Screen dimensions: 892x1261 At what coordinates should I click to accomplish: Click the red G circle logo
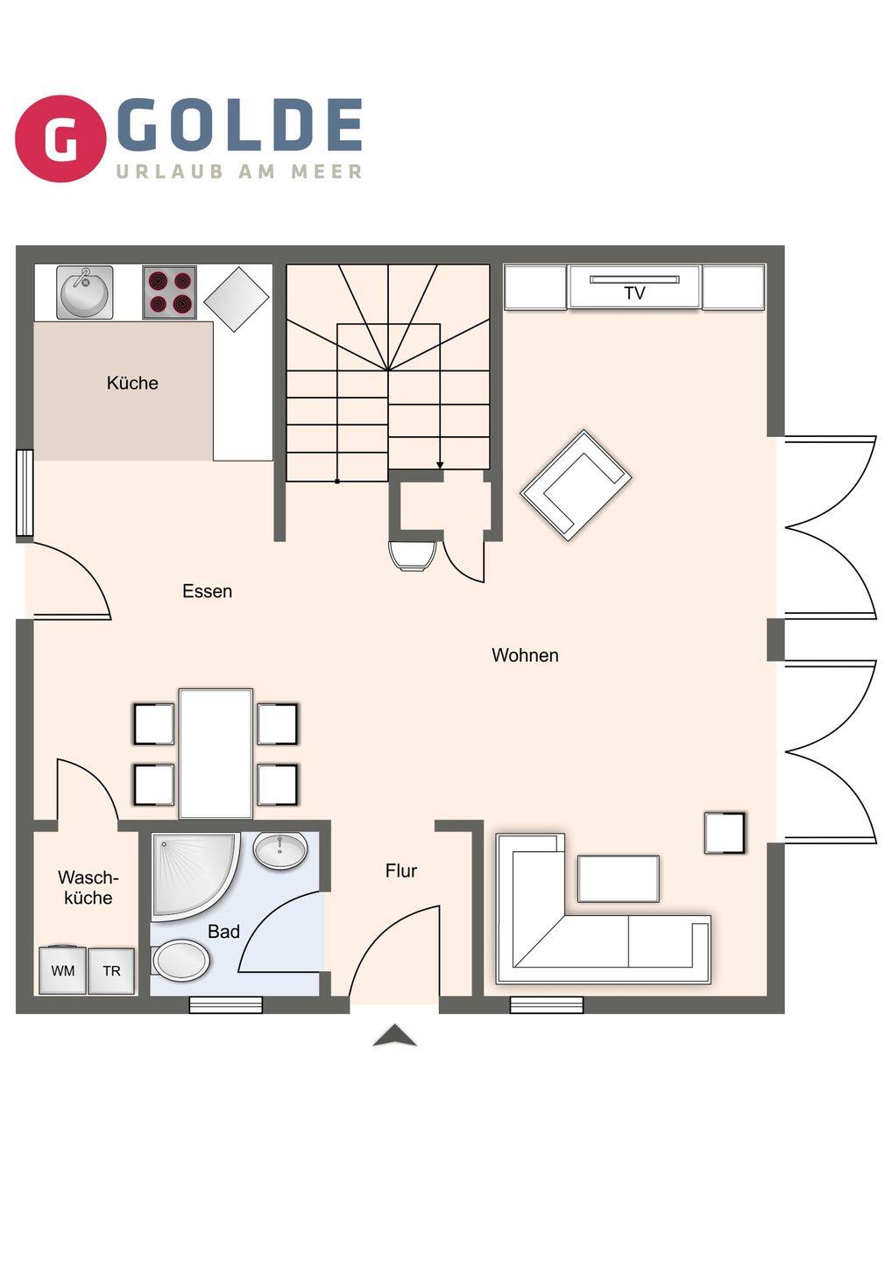pyautogui.click(x=60, y=138)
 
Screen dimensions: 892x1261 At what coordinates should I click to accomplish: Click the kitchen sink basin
pyautogui.click(x=84, y=292)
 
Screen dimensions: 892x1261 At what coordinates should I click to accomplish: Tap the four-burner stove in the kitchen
pyautogui.click(x=169, y=292)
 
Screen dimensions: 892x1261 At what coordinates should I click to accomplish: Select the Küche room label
pyautogui.click(x=132, y=384)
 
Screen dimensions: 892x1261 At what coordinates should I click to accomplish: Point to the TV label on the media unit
pyautogui.click(x=634, y=292)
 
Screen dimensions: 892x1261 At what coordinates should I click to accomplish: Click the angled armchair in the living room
pyautogui.click(x=576, y=485)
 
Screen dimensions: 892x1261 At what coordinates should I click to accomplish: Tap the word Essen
pyautogui.click(x=208, y=592)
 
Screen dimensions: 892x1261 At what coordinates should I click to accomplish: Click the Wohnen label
pyautogui.click(x=525, y=655)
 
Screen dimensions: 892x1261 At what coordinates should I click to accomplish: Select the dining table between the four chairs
pyautogui.click(x=216, y=754)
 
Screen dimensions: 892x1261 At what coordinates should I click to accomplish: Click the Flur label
pyautogui.click(x=401, y=871)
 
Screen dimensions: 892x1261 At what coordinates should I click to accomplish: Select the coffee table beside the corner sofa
pyautogui.click(x=619, y=879)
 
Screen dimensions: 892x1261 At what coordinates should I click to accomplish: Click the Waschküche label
pyautogui.click(x=88, y=888)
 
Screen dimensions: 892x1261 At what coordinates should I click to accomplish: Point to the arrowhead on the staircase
pyautogui.click(x=440, y=465)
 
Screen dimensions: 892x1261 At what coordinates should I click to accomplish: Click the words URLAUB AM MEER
pyautogui.click(x=238, y=172)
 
